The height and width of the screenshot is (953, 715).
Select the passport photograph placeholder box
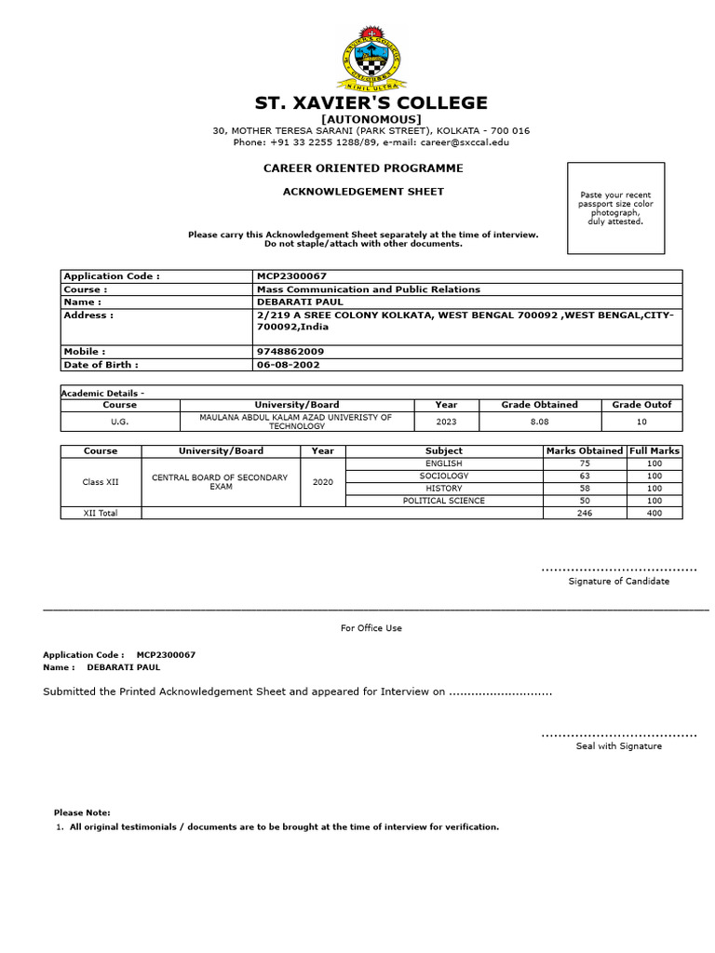[615, 208]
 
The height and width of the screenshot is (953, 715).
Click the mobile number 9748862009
[290, 352]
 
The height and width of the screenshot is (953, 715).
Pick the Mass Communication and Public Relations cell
[368, 289]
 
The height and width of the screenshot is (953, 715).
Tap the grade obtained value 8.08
[539, 421]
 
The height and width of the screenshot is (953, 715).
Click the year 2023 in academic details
[446, 421]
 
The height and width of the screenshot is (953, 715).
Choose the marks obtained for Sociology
[585, 476]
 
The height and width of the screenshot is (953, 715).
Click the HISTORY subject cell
[443, 488]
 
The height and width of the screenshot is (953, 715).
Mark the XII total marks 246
[585, 513]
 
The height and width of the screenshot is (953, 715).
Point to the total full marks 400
[654, 513]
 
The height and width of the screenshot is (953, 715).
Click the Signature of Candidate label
[618, 581]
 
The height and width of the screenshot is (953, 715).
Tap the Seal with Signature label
[618, 746]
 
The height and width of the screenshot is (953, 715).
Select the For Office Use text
[371, 628]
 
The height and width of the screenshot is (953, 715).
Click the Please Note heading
[82, 812]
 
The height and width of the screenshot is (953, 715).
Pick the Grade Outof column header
[641, 405]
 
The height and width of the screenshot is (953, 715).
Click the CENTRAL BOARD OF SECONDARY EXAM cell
[220, 482]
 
